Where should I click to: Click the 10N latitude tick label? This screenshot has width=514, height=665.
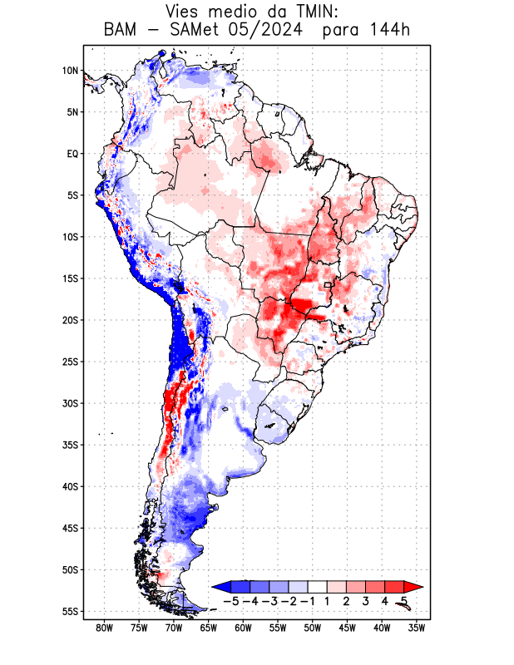[70, 71]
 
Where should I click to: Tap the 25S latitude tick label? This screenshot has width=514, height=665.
[70, 362]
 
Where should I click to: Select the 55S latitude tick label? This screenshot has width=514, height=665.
[70, 611]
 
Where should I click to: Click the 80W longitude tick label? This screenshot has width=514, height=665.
[104, 628]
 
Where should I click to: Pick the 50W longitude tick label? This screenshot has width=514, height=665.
[312, 628]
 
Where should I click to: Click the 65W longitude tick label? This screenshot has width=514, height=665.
[208, 628]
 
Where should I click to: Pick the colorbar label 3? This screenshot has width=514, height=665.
[366, 600]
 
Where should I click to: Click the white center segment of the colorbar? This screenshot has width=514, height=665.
[318, 586]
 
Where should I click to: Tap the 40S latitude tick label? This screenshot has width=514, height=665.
[70, 486]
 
